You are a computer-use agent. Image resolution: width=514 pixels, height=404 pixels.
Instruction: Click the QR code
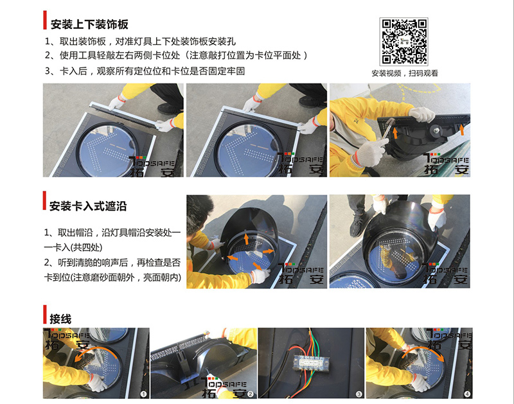pos(403,42)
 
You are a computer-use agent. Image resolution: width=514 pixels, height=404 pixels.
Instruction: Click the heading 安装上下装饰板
pos(89,24)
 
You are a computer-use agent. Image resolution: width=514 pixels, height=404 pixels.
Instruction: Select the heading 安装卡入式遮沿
pos(88,206)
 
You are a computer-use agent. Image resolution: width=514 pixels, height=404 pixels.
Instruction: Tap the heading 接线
pos(60,319)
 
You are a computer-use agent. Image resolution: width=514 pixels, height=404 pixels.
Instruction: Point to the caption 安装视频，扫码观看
pos(405,73)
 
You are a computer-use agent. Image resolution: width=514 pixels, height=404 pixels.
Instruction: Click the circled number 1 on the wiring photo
pos(143,394)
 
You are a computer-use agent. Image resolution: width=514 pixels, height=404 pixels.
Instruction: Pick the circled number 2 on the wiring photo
pos(251,394)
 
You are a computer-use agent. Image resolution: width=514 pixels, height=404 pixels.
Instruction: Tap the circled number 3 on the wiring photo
pos(359,394)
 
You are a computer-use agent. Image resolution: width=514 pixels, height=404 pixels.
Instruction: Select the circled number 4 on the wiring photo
pos(467,394)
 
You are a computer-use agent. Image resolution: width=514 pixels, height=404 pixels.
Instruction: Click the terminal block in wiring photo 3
pos(310,363)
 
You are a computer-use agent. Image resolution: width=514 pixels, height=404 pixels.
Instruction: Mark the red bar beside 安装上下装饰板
pos(45,20)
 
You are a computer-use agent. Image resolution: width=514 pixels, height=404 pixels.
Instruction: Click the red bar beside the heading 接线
pos(45,314)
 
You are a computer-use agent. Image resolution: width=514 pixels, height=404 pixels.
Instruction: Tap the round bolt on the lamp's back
pos(437,130)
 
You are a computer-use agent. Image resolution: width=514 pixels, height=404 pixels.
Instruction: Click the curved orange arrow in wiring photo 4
pos(423,351)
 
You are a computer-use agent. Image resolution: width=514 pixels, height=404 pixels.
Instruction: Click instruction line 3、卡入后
pos(145,71)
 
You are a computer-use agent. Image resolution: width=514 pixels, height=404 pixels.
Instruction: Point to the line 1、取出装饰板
pos(140,41)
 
